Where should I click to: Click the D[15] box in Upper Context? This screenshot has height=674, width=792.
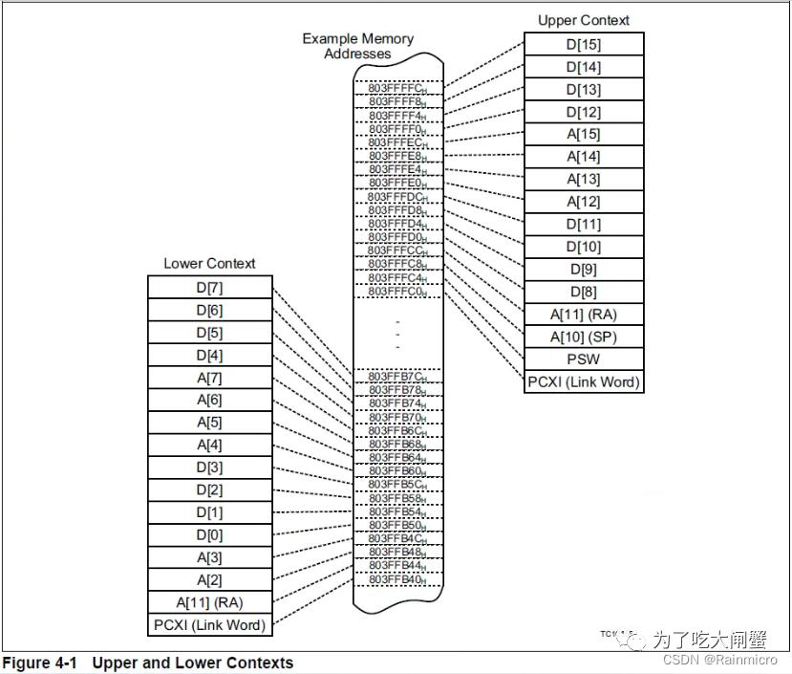pyautogui.click(x=583, y=44)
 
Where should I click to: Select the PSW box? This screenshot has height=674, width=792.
pyautogui.click(x=583, y=359)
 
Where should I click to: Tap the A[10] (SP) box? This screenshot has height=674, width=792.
pyautogui.click(x=583, y=337)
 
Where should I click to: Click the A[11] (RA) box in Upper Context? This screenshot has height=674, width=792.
pyautogui.click(x=583, y=315)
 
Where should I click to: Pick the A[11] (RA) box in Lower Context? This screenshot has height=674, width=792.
pyautogui.click(x=208, y=602)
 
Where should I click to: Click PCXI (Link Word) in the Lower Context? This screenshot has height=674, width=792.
pyautogui.click(x=208, y=625)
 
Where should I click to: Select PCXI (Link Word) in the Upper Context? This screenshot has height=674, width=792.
pyautogui.click(x=583, y=382)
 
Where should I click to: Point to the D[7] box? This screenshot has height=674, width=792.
pyautogui.click(x=208, y=287)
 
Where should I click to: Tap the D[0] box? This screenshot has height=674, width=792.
pyautogui.click(x=208, y=534)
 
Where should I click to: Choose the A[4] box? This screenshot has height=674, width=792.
pyautogui.click(x=208, y=445)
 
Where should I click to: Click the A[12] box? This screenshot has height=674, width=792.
pyautogui.click(x=583, y=202)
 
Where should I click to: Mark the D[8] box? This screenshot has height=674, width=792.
pyautogui.click(x=583, y=292)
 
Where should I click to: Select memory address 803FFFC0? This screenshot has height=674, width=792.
pyautogui.click(x=397, y=292)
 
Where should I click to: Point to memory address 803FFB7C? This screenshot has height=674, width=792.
pyautogui.click(x=397, y=377)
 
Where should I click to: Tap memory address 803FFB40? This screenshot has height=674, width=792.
pyautogui.click(x=397, y=579)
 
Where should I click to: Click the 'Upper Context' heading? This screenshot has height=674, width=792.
pyautogui.click(x=583, y=20)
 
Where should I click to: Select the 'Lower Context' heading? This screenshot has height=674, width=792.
pyautogui.click(x=209, y=263)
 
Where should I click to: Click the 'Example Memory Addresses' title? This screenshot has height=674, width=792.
pyautogui.click(x=357, y=46)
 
